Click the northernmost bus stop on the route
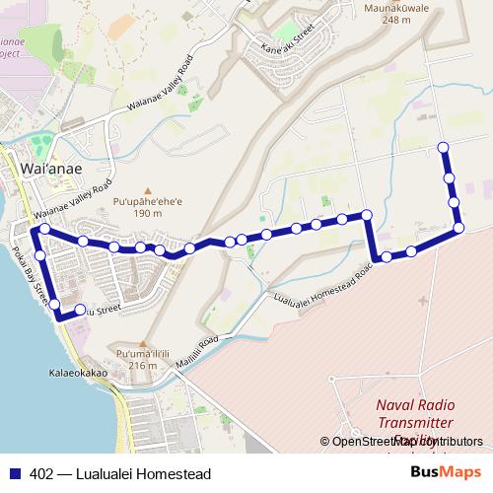443,148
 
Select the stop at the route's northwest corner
43,231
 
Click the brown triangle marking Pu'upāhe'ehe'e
149,190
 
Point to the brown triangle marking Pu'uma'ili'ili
144,343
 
